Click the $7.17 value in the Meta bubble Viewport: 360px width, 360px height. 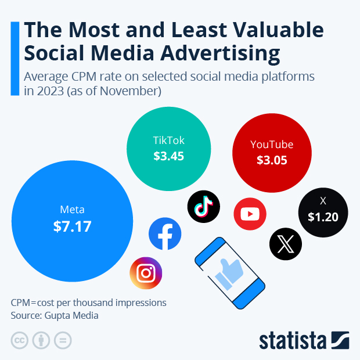73,226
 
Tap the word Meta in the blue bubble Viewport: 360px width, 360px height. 73,210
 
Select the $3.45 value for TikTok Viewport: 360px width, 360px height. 168,156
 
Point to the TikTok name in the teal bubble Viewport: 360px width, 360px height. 168,141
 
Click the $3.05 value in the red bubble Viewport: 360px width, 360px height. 272,160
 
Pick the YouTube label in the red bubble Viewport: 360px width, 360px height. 272,145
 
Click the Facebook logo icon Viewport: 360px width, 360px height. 165,234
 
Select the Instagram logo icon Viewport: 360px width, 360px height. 146,273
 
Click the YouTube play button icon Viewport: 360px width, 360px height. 250,214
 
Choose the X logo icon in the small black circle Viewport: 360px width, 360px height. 286,244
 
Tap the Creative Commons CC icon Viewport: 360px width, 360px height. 20,340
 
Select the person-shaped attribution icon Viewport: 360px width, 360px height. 41,340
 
